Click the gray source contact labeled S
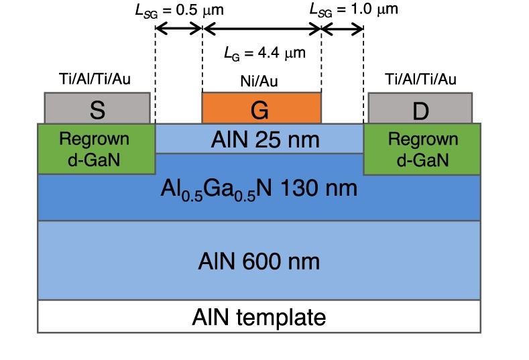coord(97,108)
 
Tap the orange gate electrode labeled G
coord(261,108)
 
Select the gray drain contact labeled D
coord(420,108)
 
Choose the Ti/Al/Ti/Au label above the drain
coord(421,80)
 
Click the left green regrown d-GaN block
coord(97,149)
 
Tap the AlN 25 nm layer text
coord(259,140)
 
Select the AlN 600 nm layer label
coord(259,259)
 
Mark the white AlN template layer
coord(259,316)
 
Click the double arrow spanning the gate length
coord(261,29)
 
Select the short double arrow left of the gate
coord(179,29)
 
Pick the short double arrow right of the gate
coord(342,29)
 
